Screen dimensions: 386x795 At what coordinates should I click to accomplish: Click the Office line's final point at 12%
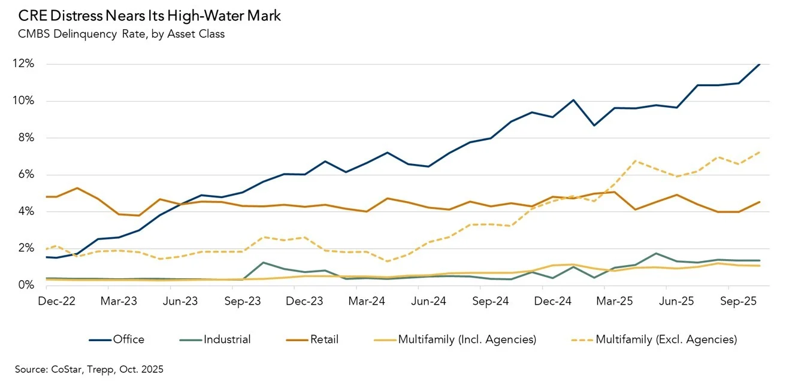click(x=760, y=64)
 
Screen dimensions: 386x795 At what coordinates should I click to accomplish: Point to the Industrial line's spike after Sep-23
click(x=264, y=263)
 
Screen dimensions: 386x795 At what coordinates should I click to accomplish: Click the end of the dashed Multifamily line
click(x=760, y=152)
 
